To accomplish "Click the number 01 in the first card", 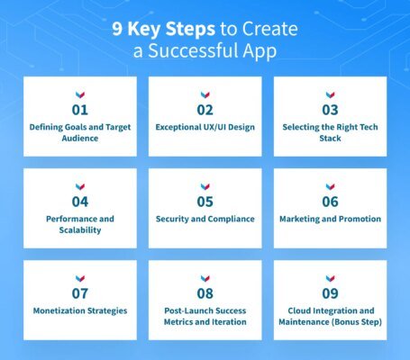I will pos(80,111).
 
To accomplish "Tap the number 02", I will pos(205,111).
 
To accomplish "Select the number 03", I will pos(330,111).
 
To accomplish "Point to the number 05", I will pos(205,202).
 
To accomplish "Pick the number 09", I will pos(330,294).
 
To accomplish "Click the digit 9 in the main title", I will pos(117,29).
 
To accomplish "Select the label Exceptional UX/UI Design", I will pos(205,127).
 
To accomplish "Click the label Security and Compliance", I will pos(205,219).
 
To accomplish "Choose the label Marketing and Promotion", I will pos(330,219).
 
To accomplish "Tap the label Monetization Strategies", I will pos(80,310).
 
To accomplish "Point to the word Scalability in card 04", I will pos(80,230).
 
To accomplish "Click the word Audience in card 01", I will pos(80,139).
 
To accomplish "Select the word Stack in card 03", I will pos(330,139).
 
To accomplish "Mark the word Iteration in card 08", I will pos(228,322).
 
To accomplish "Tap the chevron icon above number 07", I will pos(80,277).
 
